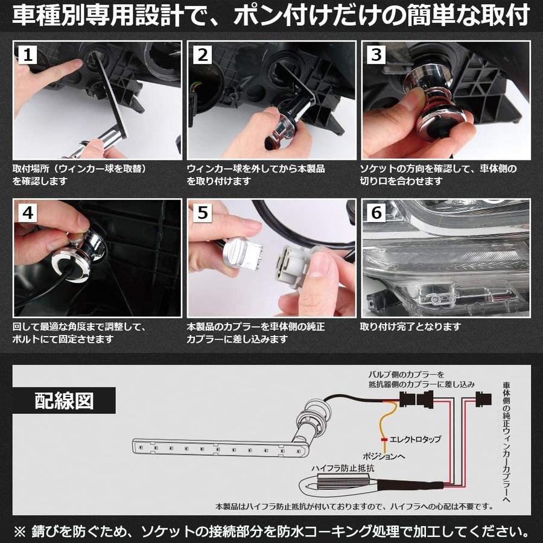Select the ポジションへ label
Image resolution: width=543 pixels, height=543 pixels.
pos(383,456)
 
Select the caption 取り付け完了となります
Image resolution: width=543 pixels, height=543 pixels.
pos(410,326)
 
